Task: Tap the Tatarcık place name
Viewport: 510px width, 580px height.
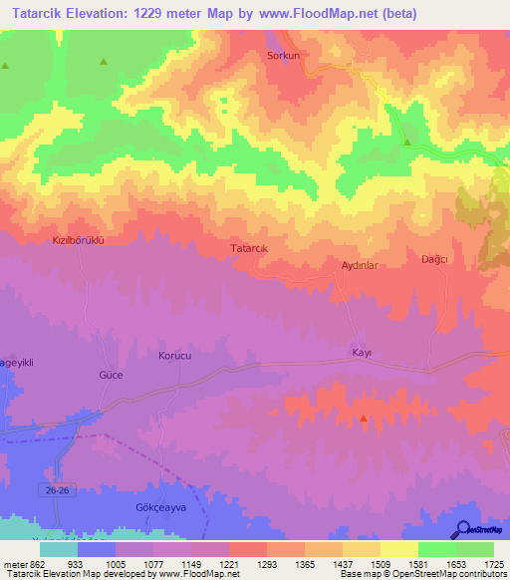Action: [250, 247]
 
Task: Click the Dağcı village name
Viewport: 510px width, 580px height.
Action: [435, 259]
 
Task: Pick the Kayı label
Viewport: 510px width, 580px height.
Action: [362, 353]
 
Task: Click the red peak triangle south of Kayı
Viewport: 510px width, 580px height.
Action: [364, 419]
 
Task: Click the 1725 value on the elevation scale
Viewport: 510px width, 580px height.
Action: [493, 564]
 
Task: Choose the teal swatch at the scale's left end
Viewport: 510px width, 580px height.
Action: [58, 549]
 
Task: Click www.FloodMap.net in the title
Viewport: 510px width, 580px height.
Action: [307, 14]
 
